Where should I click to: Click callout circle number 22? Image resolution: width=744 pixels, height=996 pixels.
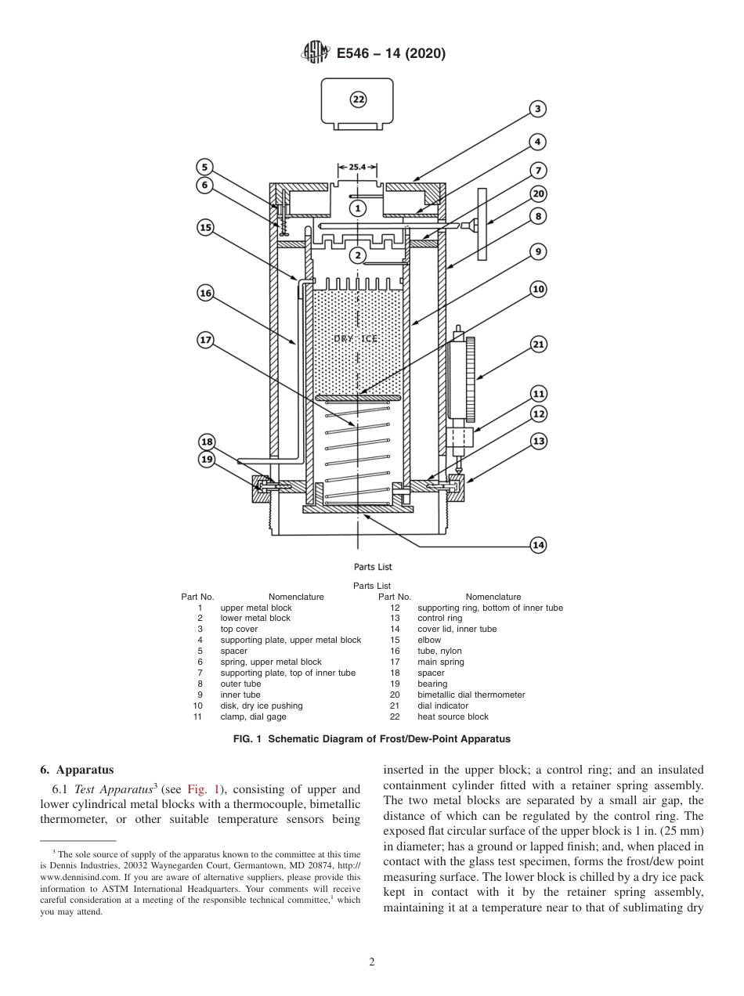click(358, 99)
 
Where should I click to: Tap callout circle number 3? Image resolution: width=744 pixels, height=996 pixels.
click(537, 109)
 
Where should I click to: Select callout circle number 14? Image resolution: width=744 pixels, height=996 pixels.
click(538, 545)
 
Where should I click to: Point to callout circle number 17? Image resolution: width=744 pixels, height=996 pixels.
click(205, 340)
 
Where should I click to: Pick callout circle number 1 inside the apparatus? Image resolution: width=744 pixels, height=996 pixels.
click(358, 208)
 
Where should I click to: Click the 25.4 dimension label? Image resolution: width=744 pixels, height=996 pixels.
click(358, 168)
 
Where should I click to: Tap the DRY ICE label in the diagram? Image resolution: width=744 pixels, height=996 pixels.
click(356, 338)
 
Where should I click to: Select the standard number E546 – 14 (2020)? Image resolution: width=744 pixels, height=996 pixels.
click(391, 53)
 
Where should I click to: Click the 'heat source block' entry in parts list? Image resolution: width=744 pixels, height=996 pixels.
click(453, 716)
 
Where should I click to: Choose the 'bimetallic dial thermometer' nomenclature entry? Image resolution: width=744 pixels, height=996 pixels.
click(471, 695)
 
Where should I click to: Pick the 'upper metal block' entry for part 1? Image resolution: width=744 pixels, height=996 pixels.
click(256, 608)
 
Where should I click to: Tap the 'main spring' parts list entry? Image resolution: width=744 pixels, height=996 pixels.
click(440, 662)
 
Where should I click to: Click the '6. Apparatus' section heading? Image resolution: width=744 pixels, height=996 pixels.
click(77, 770)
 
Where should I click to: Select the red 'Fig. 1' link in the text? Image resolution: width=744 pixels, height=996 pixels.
click(203, 790)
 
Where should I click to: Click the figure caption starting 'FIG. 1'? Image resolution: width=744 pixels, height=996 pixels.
click(372, 739)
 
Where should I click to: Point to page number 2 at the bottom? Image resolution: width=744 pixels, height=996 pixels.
click(372, 962)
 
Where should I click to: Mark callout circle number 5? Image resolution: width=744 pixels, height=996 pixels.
click(204, 167)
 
